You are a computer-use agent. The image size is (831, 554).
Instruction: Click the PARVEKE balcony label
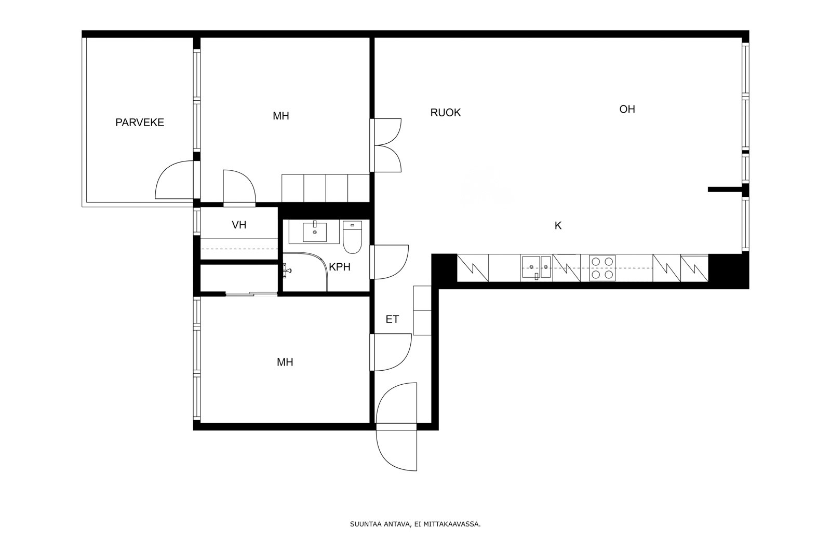(x=140, y=123)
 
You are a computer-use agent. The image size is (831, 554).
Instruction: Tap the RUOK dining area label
(x=446, y=112)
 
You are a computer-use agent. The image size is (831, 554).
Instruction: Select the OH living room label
(x=627, y=109)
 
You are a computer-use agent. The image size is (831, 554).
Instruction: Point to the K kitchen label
(x=558, y=225)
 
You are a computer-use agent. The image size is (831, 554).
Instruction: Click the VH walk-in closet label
(x=239, y=225)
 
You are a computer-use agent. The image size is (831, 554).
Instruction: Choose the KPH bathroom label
(x=340, y=267)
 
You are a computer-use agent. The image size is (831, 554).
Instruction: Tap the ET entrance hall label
(x=392, y=319)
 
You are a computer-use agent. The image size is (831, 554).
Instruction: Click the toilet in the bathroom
(x=352, y=237)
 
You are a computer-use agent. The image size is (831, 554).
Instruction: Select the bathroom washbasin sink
(x=315, y=232)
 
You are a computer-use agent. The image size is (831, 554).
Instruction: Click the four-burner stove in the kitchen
(x=602, y=268)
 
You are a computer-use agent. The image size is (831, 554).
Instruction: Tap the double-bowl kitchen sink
(x=537, y=267)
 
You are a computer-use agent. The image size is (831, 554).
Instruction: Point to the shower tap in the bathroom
(x=286, y=271)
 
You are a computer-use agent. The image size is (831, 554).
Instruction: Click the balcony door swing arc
(x=175, y=180)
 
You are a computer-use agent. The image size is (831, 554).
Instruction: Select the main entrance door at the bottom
(x=396, y=426)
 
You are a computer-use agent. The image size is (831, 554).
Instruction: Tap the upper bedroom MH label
(x=281, y=116)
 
